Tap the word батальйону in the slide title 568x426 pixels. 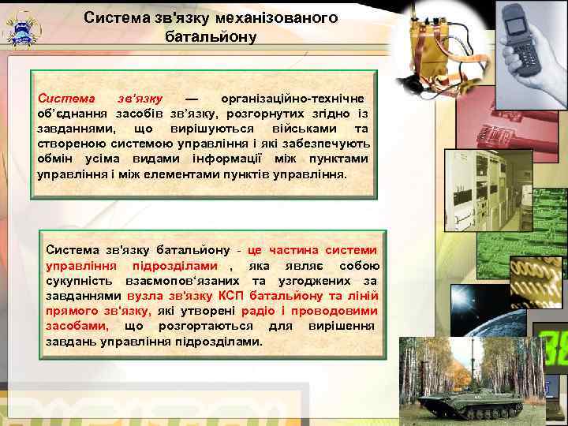tap(211, 36)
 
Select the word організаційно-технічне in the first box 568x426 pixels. tap(293, 99)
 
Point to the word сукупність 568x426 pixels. tap(79, 281)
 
